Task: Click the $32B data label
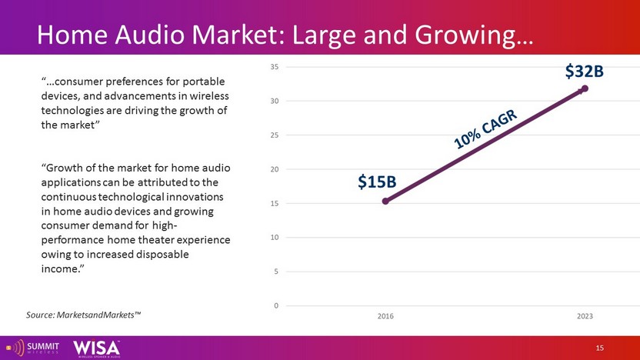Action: click(584, 72)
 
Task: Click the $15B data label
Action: click(377, 182)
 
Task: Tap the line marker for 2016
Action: click(385, 201)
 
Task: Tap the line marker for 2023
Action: click(585, 89)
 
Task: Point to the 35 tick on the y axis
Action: click(274, 67)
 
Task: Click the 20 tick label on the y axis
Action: click(274, 169)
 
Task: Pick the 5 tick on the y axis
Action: click(275, 272)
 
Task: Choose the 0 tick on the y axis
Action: click(275, 305)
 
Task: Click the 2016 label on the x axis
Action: click(385, 316)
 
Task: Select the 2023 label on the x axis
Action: click(585, 316)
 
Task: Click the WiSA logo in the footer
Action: click(96, 347)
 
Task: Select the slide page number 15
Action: click(600, 348)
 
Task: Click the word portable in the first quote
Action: click(207, 82)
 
